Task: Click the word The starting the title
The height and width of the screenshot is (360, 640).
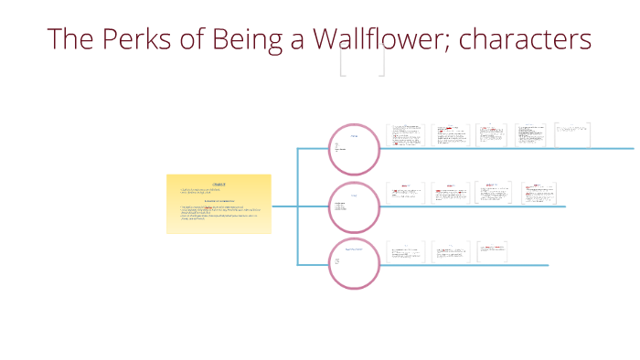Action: [69, 39]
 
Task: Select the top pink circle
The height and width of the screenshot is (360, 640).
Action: [353, 149]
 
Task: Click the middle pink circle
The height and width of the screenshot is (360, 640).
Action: [353, 206]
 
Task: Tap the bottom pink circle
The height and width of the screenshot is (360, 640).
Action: [353, 264]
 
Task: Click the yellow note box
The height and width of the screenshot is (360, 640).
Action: [219, 204]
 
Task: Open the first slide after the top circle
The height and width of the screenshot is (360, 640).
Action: [406, 136]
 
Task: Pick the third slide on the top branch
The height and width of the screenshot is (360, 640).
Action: [491, 136]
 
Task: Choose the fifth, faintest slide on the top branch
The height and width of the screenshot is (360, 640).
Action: [572, 134]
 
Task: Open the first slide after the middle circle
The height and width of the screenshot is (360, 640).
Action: [406, 194]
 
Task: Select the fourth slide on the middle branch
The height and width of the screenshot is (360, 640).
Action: [539, 194]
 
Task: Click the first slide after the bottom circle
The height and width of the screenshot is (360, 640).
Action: [406, 252]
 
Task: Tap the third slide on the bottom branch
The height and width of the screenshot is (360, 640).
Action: [491, 252]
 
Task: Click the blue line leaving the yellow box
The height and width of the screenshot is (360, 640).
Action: [284, 206]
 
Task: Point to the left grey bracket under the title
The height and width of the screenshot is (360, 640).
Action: [343, 62]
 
